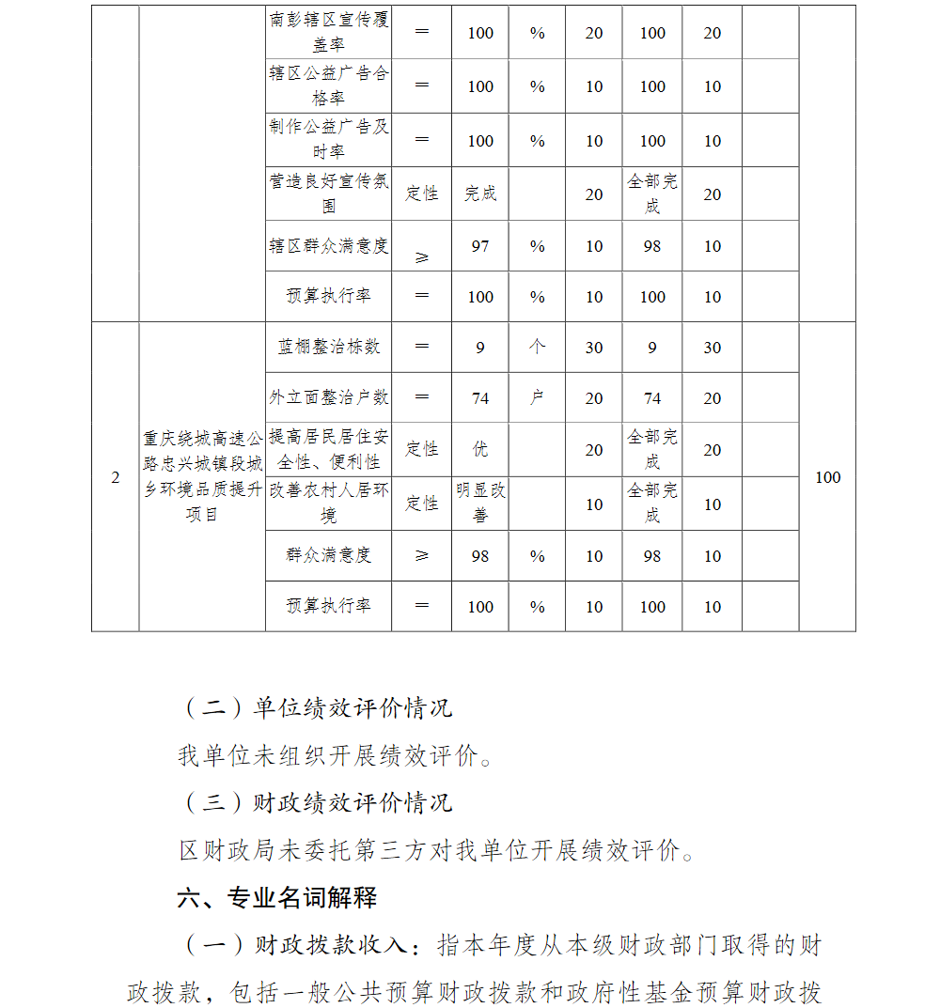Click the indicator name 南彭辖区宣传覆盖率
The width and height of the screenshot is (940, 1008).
[328, 31]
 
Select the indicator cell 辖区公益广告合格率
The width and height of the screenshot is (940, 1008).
[328, 85]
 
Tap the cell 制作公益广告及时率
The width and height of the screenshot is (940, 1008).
[328, 139]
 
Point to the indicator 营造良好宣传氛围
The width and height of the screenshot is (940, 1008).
[328, 194]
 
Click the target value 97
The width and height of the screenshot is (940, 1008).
[480, 246]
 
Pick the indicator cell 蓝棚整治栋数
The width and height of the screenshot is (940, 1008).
[328, 347]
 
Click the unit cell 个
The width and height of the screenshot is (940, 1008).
[537, 347]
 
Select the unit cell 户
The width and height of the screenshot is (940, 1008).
[537, 397]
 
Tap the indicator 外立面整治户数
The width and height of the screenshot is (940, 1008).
[328, 397]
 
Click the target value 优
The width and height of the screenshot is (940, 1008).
[480, 449]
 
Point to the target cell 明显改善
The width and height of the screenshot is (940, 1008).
[480, 503]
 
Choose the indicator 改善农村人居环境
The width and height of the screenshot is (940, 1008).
[328, 503]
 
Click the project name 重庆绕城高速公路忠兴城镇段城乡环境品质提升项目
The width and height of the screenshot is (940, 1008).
[201, 476]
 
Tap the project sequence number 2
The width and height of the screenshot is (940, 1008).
[116, 477]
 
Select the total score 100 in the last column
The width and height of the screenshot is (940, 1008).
[827, 477]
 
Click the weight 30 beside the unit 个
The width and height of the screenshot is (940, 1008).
[594, 348]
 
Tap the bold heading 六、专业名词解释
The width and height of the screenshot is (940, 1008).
[277, 897]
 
